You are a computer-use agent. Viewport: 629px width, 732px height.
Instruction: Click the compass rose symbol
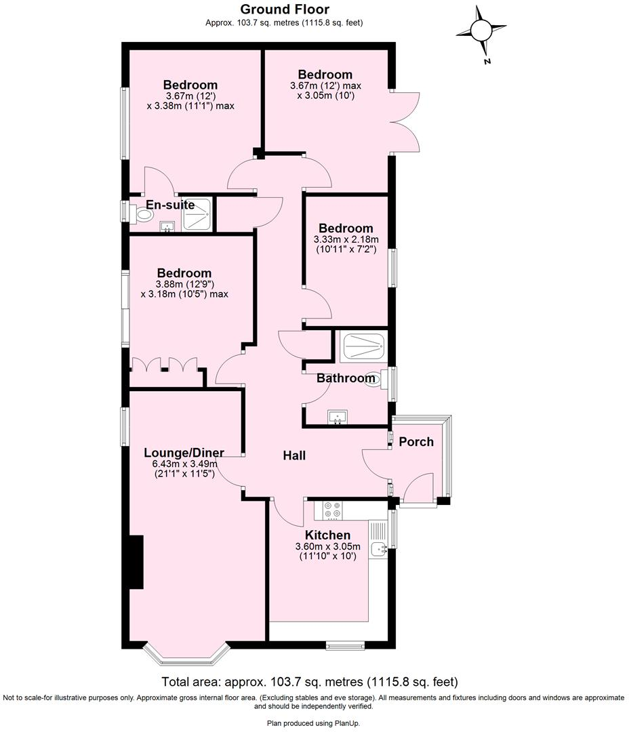pos(481,31)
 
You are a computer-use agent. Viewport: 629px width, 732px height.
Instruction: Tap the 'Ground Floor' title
pos(285,9)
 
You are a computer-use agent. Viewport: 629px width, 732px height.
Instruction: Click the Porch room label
pos(415,442)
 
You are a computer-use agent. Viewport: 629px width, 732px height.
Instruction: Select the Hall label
pos(293,455)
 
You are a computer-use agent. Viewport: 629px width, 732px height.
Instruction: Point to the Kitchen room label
pos(327,535)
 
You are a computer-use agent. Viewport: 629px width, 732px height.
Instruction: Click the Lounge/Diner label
pos(184,453)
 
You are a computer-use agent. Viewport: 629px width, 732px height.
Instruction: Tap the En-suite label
pos(170,205)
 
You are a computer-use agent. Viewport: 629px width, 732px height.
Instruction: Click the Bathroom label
pos(346,378)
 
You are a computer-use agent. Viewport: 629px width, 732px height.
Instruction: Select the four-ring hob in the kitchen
pos(332,510)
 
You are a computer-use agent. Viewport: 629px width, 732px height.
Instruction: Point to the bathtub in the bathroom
pos(363,346)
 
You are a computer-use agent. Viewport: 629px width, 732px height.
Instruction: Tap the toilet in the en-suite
pos(144,215)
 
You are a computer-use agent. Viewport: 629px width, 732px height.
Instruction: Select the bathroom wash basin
pos(336,417)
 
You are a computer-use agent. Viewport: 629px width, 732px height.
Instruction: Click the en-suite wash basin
pos(165,227)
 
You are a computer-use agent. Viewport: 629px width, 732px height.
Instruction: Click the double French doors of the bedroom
pos(405,122)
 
